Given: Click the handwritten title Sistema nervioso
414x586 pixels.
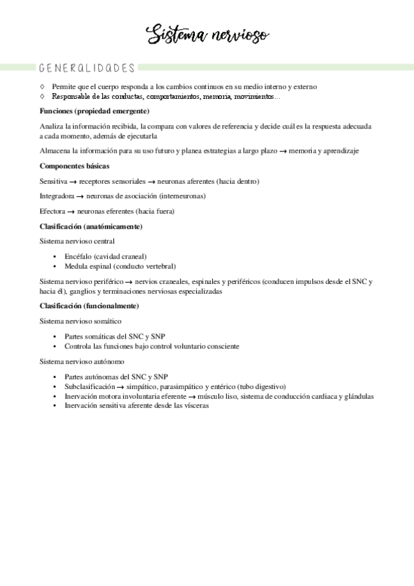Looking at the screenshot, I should pos(208,35).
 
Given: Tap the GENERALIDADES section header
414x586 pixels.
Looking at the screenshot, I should pos(87,68).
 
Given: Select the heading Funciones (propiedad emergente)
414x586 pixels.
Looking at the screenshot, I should pos(95,111).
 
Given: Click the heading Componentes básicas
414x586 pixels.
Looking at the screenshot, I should pos(75,166).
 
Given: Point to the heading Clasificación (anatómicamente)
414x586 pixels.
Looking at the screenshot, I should pos(91,226).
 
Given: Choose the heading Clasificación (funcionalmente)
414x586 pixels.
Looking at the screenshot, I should pos(89,305).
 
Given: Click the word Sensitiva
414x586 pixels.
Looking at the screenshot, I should pos(53,181).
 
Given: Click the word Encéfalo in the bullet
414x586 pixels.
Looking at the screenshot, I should pos(78,256).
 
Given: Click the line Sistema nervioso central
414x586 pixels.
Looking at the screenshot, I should pos(77,241).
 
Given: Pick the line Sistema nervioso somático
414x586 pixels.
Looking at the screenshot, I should pos(81,321).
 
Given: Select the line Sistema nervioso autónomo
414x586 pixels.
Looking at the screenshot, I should pos(82,361).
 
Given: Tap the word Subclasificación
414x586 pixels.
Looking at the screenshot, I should pos(89,386).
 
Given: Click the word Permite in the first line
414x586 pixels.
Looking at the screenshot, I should pos(64,86).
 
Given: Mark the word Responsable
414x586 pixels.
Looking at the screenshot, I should pos(71,96).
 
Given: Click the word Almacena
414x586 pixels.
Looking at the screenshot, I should pos(55,151).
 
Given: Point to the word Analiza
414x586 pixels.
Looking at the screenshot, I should pos(52,126).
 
